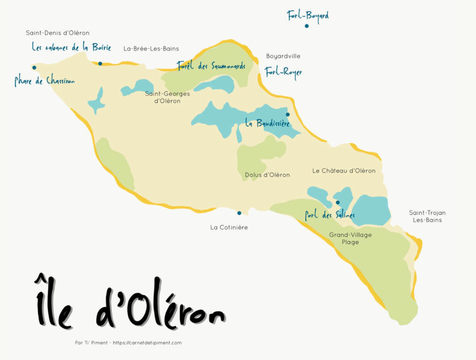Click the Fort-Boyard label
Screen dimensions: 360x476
coord(308,15)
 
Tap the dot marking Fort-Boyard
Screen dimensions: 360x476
coord(306,26)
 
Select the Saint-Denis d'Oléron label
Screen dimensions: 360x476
coord(58,33)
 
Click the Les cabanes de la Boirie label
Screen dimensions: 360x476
coord(71,46)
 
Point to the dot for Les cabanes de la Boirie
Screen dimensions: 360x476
coord(100,64)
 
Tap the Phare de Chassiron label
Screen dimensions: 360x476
coord(45,80)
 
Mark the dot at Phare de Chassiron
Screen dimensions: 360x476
coord(35,67)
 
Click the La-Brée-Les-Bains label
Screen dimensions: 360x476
coord(151,49)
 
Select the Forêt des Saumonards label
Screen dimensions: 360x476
coord(211,66)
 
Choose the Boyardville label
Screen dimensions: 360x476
coord(283,57)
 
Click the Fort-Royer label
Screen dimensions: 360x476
coord(283,72)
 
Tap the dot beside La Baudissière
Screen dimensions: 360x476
coord(287,114)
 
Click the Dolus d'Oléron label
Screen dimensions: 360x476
coord(267,175)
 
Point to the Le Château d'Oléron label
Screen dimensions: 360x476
coord(344,171)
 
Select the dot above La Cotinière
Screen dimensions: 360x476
coord(239,213)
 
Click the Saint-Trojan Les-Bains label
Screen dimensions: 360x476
coord(427,217)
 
